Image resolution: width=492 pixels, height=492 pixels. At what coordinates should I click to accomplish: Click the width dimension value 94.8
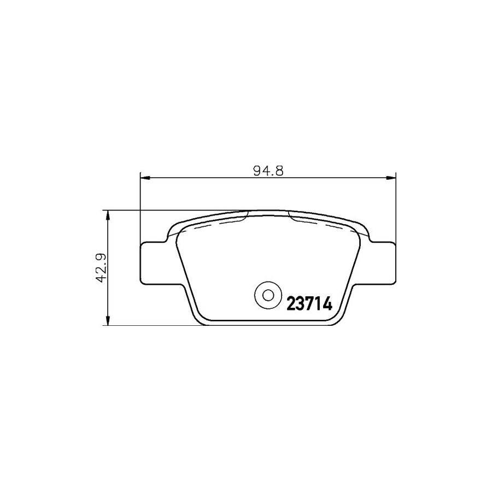click(267, 170)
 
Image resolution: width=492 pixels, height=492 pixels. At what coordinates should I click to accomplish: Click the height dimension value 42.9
click(99, 268)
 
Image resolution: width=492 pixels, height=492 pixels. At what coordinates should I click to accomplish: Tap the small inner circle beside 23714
click(268, 296)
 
